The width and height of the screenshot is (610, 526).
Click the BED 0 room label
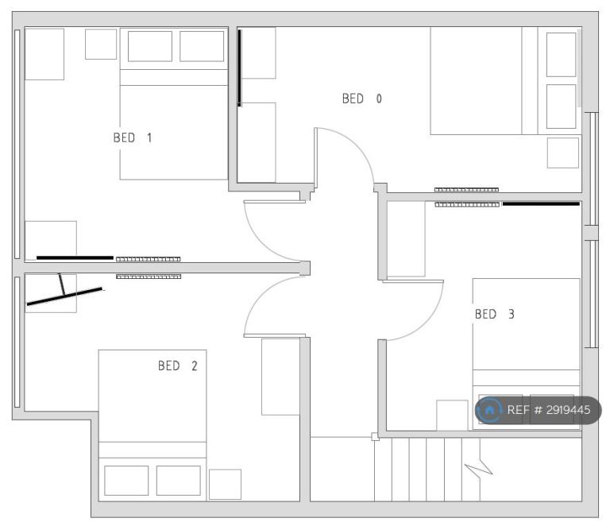coord(362,99)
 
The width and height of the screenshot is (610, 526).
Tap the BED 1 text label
coord(133,137)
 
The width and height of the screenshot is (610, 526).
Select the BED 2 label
coord(177,365)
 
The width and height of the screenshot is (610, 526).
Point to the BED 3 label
coord(495,314)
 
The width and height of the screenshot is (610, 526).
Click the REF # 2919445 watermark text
coord(549,410)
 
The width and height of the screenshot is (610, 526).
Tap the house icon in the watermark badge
coord(489,410)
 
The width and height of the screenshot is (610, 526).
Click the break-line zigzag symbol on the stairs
coord(479,466)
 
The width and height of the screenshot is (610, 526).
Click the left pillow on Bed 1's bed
coord(150,46)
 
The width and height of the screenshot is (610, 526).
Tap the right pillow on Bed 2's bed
coord(178,481)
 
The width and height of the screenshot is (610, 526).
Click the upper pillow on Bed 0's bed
coord(561,55)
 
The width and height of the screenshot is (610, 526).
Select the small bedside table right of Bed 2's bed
coord(225,485)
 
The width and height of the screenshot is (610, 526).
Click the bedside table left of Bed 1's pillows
coord(101,44)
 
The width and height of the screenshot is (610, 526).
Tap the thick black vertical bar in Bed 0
coord(240,68)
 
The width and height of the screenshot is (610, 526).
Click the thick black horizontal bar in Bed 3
coord(541,204)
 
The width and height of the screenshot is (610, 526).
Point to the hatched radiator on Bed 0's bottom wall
coord(466,190)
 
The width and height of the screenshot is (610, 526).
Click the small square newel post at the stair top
coord(375,436)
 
